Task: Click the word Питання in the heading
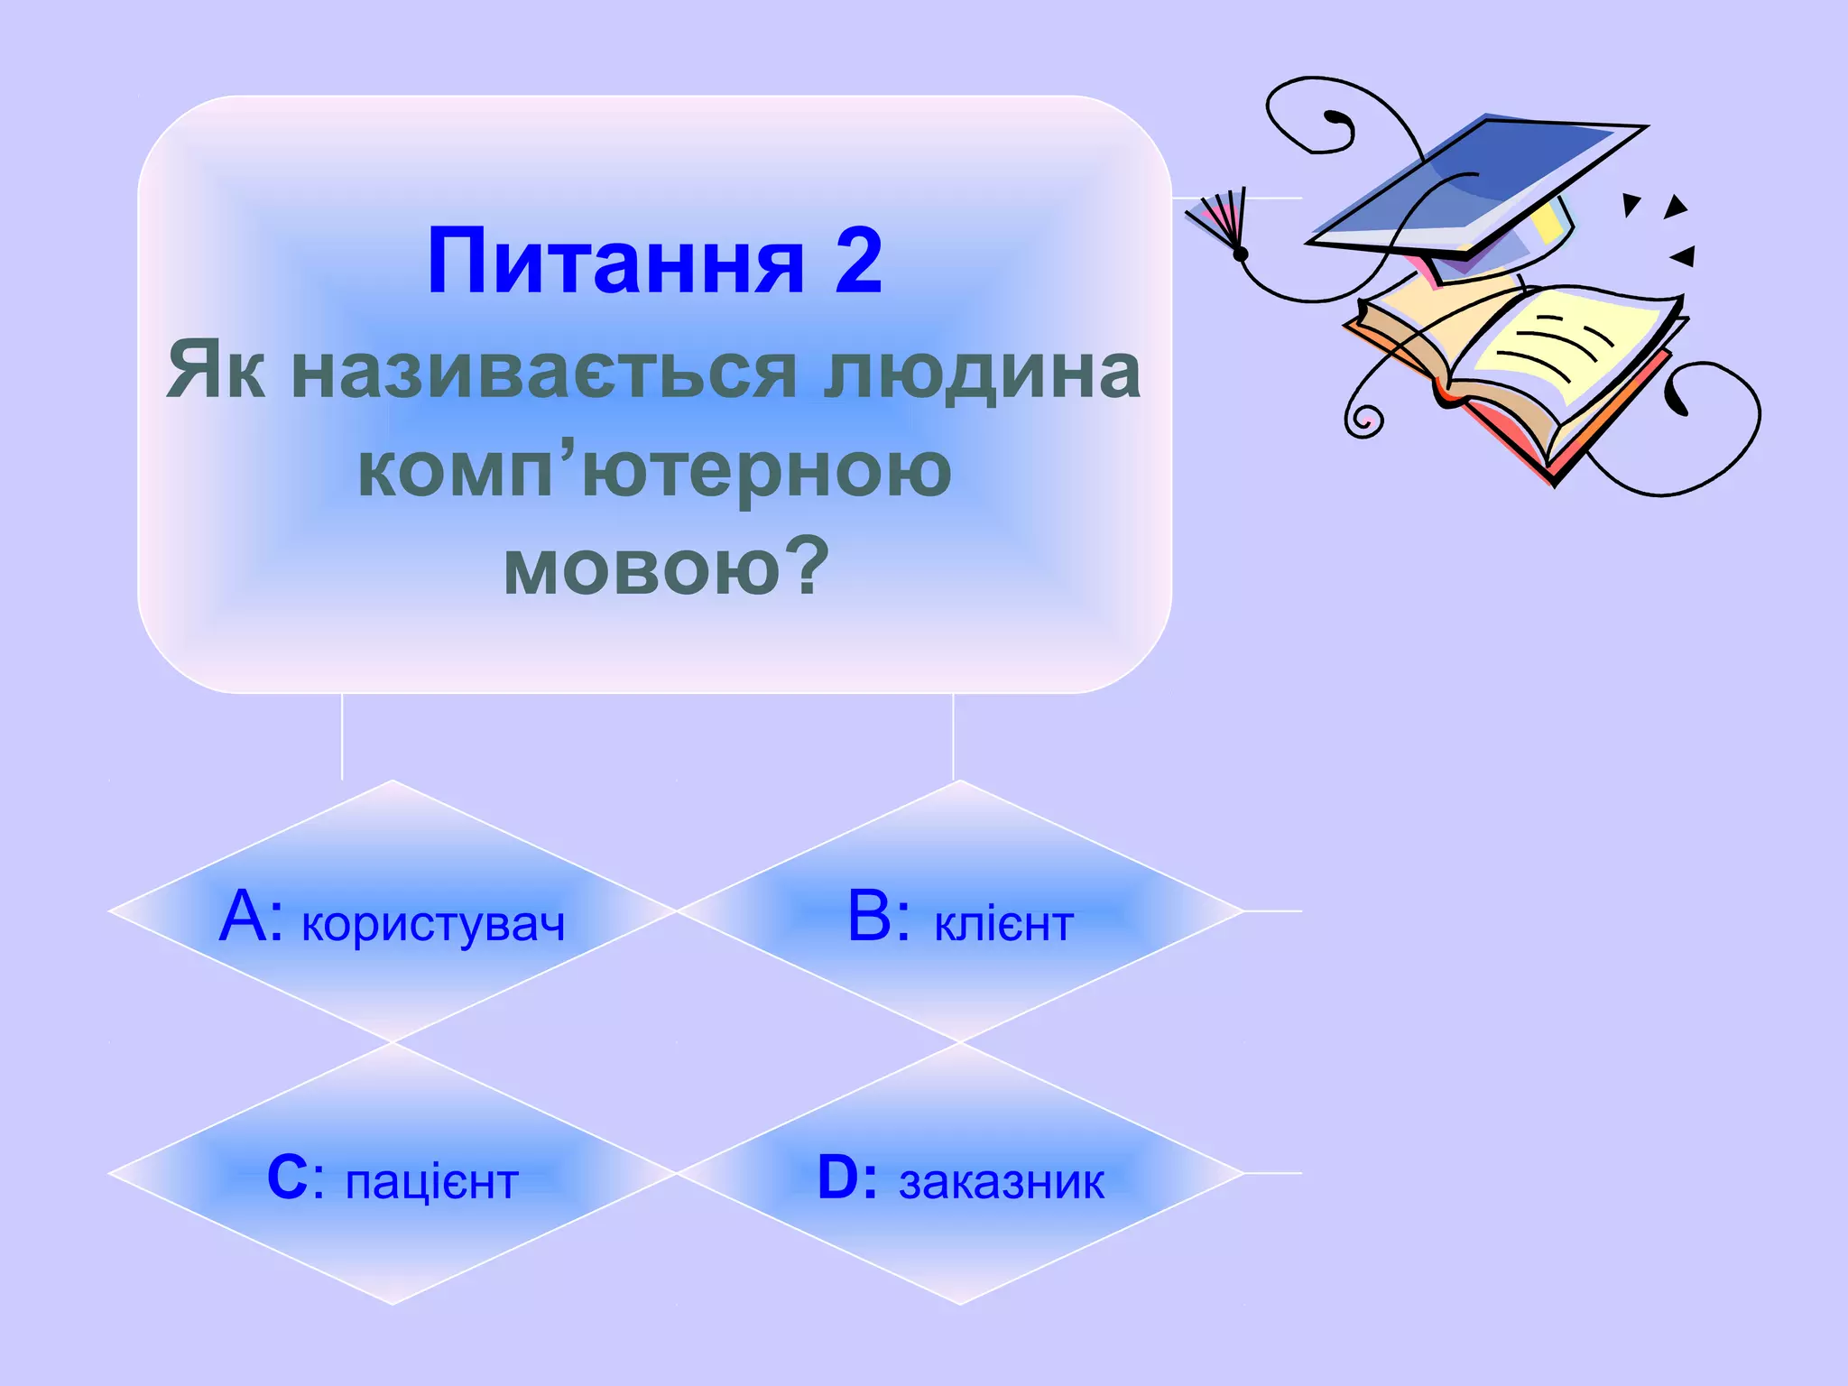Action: pyautogui.click(x=615, y=263)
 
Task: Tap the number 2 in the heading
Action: pyautogui.click(x=858, y=261)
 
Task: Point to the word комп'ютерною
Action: pyautogui.click(x=654, y=470)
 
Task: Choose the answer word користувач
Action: pyautogui.click(x=433, y=924)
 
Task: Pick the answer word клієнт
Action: pyautogui.click(x=1003, y=924)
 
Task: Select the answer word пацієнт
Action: pyautogui.click(x=432, y=1182)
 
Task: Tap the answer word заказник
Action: pyautogui.click(x=1002, y=1182)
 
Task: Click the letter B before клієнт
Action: pyautogui.click(x=870, y=917)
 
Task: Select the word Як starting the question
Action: pyautogui.click(x=217, y=372)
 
